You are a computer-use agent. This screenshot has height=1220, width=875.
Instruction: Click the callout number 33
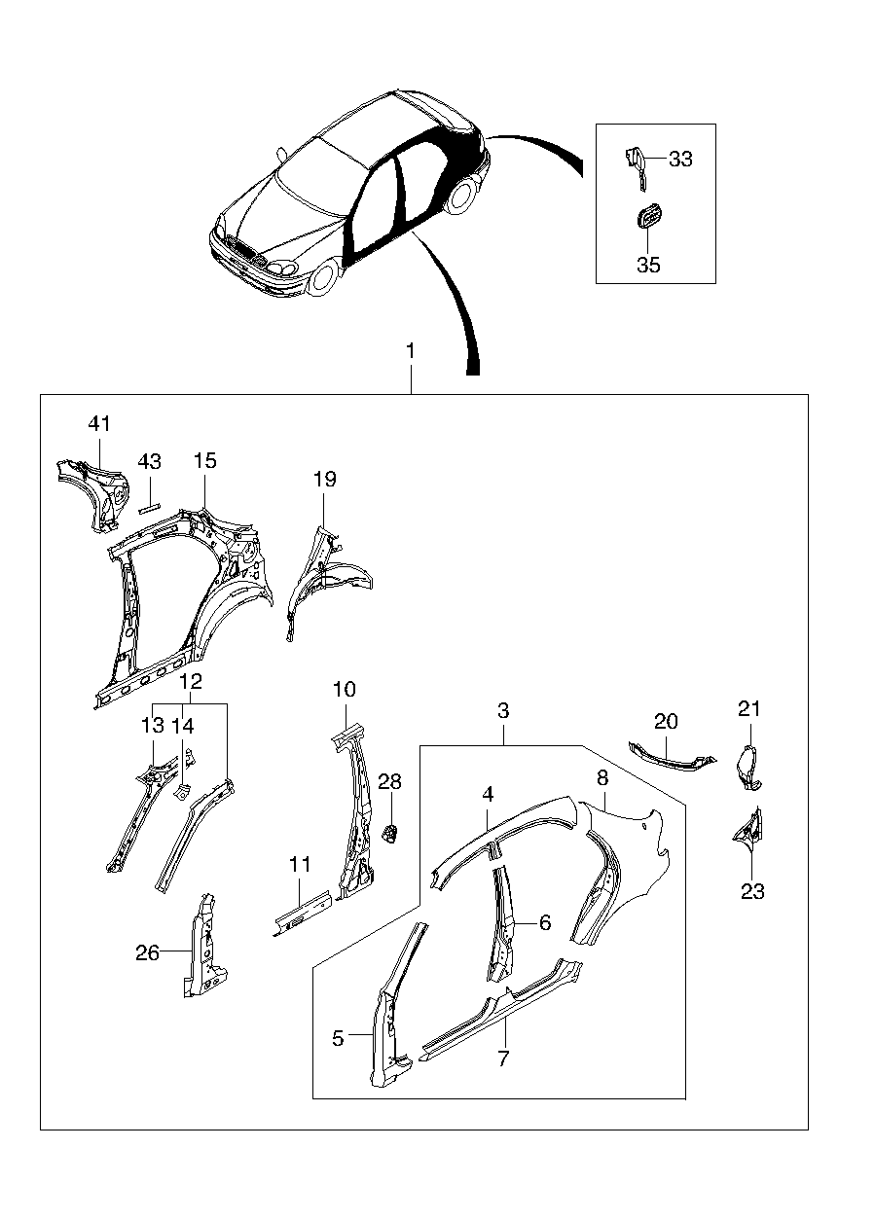680,159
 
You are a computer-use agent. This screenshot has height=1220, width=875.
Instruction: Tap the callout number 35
648,265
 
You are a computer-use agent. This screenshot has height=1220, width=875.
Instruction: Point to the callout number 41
99,423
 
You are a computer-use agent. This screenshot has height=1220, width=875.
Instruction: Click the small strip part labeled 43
150,507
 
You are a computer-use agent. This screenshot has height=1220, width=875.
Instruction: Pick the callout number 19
325,480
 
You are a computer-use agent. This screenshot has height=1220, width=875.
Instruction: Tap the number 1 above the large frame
411,351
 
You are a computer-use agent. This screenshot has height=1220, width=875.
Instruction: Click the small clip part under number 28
390,833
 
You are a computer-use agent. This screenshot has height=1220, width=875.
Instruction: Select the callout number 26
147,953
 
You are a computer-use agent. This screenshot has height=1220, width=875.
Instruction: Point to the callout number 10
345,690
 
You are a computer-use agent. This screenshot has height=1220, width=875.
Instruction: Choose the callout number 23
752,891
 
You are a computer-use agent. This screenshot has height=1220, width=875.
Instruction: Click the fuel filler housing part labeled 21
748,767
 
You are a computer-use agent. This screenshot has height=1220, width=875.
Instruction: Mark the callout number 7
503,1058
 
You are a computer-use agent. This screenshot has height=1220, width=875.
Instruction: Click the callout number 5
338,1039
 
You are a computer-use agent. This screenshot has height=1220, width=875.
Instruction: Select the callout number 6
545,922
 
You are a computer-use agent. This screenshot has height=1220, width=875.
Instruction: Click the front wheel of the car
325,278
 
